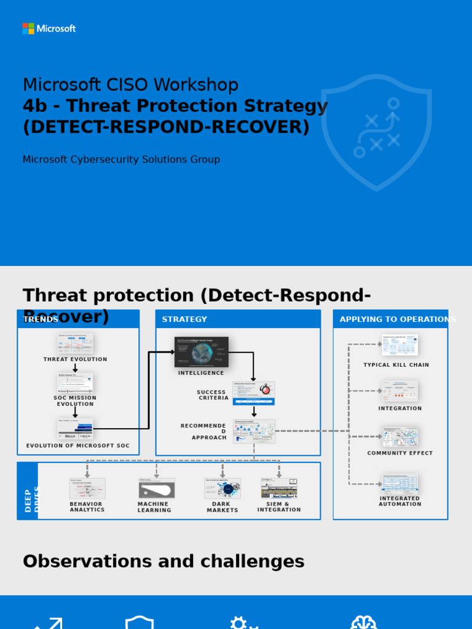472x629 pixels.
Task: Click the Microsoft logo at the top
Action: coord(49,28)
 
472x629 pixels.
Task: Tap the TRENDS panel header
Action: coord(78,319)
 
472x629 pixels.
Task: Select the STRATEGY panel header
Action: coord(238,319)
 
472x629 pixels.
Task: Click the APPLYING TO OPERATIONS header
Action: coord(391,319)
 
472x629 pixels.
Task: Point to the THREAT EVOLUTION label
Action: coord(75,359)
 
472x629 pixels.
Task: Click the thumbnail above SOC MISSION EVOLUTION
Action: coord(75,382)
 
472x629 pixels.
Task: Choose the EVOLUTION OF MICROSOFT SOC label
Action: coord(78,446)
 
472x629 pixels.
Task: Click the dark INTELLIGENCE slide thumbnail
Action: coord(202,352)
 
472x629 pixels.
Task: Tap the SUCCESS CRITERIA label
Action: coord(212,395)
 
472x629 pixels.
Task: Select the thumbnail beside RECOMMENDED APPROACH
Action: coord(254,431)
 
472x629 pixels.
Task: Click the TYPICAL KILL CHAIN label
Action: coord(396,365)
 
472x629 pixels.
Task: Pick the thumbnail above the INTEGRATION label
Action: coord(399,391)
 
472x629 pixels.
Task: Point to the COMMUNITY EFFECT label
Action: coord(400,453)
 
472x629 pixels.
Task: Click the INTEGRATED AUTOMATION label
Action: coord(400,501)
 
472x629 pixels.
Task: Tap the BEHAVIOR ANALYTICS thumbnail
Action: coord(87,488)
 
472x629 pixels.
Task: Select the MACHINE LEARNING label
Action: coord(154,507)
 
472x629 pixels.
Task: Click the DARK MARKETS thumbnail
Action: coord(222,488)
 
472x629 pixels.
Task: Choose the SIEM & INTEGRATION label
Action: coord(279,507)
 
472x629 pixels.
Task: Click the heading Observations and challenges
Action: coord(163,561)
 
